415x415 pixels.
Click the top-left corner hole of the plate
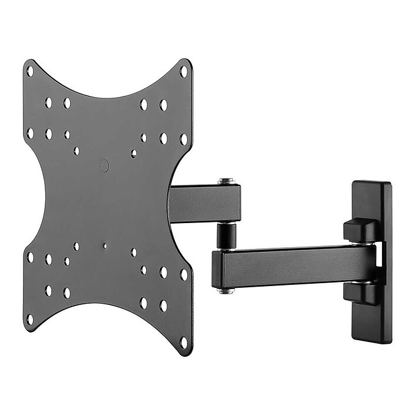click(x=29, y=71)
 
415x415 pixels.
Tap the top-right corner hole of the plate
click(x=183, y=71)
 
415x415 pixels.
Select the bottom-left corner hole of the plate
click(x=29, y=319)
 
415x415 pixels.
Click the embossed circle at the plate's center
click(x=105, y=166)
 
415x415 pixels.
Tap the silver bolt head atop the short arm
click(x=224, y=182)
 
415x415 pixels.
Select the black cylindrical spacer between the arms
click(x=224, y=235)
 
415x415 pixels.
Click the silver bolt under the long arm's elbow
click(x=224, y=290)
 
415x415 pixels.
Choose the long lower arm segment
click(x=294, y=267)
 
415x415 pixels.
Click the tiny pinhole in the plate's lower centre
click(x=105, y=246)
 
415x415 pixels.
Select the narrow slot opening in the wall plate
click(x=380, y=262)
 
